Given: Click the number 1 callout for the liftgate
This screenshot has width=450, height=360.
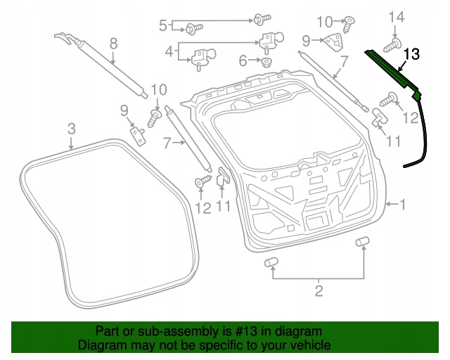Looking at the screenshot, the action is [x=403, y=205].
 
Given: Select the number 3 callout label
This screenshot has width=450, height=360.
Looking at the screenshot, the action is [x=72, y=128].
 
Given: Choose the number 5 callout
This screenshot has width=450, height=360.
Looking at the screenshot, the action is [x=162, y=26].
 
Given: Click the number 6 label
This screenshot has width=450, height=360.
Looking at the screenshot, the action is [x=243, y=61].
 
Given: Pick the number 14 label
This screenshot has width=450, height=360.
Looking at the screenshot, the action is [x=397, y=15].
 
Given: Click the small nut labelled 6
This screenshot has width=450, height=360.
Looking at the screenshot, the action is [x=266, y=62].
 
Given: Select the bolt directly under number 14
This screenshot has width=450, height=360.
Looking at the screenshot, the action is [x=392, y=46].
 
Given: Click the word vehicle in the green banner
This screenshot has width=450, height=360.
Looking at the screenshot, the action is [x=308, y=346].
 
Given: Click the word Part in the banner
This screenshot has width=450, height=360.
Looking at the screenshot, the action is [x=106, y=331].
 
